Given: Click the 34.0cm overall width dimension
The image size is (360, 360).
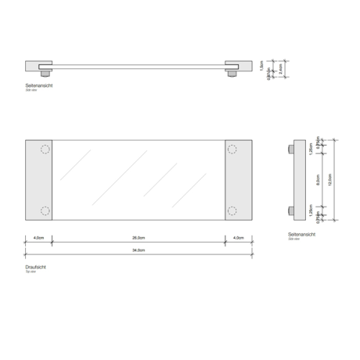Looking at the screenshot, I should (x=139, y=250).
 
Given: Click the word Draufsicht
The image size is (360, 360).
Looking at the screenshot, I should (x=36, y=267).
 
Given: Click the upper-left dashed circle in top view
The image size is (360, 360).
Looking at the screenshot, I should (x=45, y=149).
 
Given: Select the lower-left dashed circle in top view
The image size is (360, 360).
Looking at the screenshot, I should (x=45, y=210).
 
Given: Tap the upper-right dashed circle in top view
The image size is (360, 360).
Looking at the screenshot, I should (x=232, y=149).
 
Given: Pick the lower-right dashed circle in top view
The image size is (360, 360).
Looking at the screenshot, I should (x=232, y=210).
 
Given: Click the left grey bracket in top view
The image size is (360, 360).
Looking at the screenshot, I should (x=38, y=180).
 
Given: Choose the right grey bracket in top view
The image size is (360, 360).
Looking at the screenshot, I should (x=239, y=180).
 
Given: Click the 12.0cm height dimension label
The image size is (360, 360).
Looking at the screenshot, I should (x=332, y=179).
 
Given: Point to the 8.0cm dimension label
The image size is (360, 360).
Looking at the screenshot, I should (x=318, y=179).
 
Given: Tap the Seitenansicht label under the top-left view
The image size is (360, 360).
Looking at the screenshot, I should (x=38, y=85).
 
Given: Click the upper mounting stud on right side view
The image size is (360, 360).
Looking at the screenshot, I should (x=292, y=149).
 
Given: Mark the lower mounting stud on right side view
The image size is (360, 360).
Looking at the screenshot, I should (x=292, y=210).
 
